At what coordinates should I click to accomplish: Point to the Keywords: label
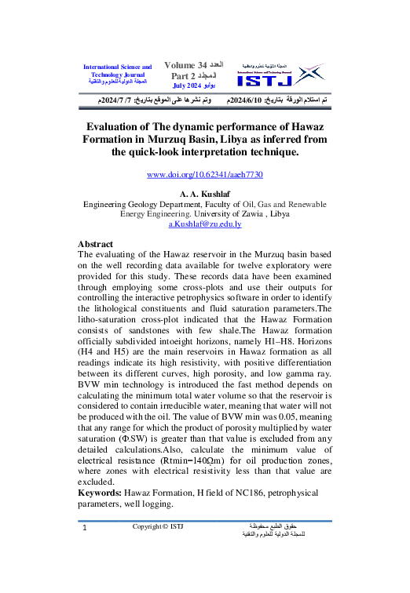pyautogui.click(x=100, y=492)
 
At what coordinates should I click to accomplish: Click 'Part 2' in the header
pyautogui.click(x=185, y=75)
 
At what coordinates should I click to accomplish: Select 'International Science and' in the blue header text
pyautogui.click(x=117, y=67)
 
